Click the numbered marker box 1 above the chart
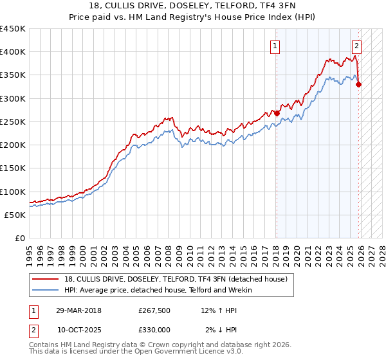[x=275, y=46]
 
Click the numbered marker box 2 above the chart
[x=356, y=46]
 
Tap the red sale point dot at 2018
[x=277, y=113]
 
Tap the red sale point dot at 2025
[x=358, y=84]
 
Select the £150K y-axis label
[x=13, y=168]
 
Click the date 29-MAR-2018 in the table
[x=79, y=310]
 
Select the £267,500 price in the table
[x=154, y=310]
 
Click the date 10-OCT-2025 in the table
[x=79, y=329]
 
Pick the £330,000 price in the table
[x=154, y=329]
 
